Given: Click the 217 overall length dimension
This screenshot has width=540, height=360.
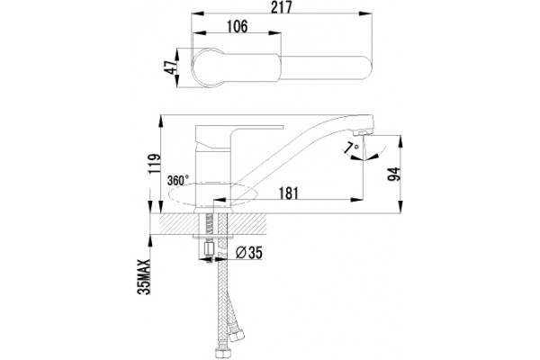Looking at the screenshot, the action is pyautogui.click(x=281, y=7).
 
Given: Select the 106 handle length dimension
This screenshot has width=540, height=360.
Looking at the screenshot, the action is pyautogui.click(x=237, y=26).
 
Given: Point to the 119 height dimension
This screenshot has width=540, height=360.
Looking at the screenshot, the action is pyautogui.click(x=155, y=163).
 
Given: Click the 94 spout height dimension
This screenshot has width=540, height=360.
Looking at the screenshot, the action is pyautogui.click(x=394, y=174).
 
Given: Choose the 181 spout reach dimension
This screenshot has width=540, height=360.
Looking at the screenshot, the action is pyautogui.click(x=288, y=193).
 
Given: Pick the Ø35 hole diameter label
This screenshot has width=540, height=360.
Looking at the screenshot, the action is pyautogui.click(x=248, y=253).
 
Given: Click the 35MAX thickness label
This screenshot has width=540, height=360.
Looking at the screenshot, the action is pyautogui.click(x=144, y=276).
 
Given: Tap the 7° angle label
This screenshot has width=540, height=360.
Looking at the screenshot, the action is pyautogui.click(x=352, y=148).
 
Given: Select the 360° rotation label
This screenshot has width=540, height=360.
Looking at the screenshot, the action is pyautogui.click(x=178, y=180).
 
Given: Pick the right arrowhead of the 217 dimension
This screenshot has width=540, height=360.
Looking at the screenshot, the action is pyautogui.click(x=365, y=13).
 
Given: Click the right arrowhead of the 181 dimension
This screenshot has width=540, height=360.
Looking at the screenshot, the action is pyautogui.click(x=356, y=200).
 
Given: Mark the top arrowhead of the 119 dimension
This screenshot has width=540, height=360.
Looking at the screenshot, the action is pyautogui.click(x=160, y=121).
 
